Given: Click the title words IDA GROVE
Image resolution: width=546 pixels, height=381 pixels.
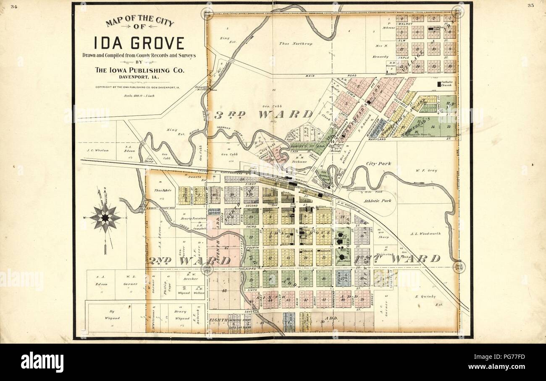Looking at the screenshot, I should click(x=139, y=43).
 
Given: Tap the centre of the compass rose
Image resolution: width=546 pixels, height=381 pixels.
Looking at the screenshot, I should click(x=105, y=218).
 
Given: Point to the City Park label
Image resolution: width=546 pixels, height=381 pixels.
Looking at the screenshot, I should click(x=378, y=163).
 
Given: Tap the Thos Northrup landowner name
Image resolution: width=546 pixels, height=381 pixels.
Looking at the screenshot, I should click(x=293, y=43).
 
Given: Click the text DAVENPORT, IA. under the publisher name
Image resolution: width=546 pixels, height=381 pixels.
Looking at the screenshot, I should click(x=139, y=77).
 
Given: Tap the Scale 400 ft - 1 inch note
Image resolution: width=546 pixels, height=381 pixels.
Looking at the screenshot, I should click(x=139, y=96).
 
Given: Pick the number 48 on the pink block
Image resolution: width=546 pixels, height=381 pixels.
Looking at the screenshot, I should click(x=224, y=291).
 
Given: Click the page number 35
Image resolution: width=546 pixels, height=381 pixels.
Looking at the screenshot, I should click(x=530, y=6).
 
